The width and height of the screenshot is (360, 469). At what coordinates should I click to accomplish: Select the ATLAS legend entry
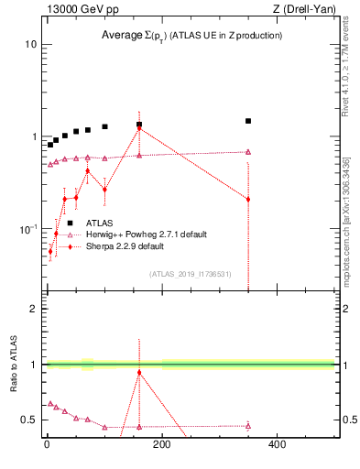point(100,223)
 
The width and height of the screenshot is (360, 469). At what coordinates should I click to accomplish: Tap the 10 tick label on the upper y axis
point(31,44)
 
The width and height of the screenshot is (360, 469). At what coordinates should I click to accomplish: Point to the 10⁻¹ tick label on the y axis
point(28,228)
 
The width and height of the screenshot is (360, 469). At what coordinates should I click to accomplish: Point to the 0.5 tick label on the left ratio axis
point(28,420)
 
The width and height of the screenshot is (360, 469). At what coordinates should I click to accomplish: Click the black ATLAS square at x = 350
point(248,121)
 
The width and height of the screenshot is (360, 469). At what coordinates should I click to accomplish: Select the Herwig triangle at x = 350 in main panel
point(248,152)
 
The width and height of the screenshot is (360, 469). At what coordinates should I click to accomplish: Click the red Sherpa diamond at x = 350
point(248,199)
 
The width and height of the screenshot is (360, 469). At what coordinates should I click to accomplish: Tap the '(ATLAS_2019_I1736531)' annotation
point(190,274)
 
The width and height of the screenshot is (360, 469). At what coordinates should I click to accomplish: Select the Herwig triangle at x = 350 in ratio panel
point(248,426)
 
